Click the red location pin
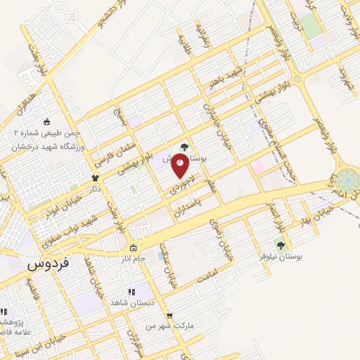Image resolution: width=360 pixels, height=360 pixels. [x=181, y=166]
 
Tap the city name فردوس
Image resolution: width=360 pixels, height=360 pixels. [x=47, y=266]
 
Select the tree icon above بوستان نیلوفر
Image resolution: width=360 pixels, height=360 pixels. [x=281, y=245]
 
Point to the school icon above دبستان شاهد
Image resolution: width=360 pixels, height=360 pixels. [x=130, y=291]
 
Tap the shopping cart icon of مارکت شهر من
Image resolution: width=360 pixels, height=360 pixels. [x=169, y=316]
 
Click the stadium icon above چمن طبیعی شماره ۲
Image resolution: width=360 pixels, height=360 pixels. [x=47, y=121]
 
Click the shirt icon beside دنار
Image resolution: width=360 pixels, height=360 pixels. [x=96, y=178]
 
